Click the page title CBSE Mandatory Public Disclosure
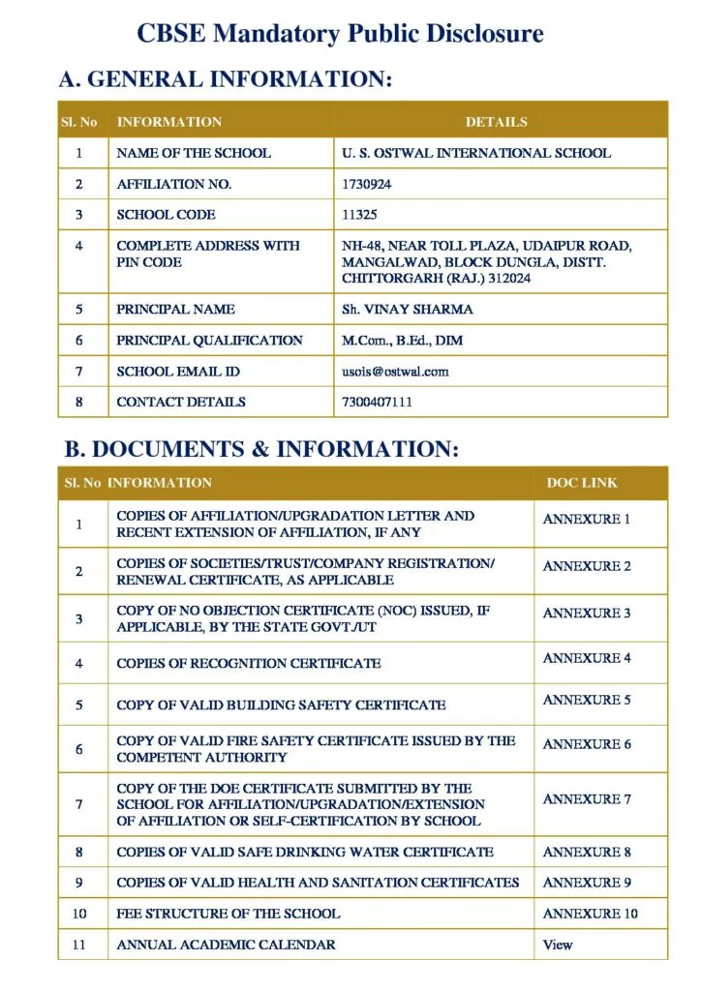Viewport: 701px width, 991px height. (340, 35)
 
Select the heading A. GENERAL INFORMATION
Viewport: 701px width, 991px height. (226, 80)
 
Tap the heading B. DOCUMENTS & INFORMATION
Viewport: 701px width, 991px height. (261, 450)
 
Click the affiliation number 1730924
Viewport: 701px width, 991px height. (367, 184)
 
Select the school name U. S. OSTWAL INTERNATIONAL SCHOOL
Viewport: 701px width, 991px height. (476, 153)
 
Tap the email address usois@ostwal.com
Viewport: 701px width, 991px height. (395, 372)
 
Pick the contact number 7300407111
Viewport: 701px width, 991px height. (377, 402)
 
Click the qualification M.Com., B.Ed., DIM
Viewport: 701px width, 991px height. (402, 341)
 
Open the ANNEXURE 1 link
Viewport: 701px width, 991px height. (587, 520)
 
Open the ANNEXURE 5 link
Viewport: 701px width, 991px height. (587, 700)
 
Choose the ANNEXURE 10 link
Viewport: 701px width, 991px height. (591, 914)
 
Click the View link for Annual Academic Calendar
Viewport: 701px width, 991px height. (558, 945)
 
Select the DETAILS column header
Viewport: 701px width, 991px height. (496, 122)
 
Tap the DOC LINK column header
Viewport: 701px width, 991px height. (582, 482)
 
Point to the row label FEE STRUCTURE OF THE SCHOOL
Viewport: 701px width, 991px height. (229, 914)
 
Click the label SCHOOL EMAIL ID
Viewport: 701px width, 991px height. (178, 372)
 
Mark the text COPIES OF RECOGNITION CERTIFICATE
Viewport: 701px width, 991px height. (249, 664)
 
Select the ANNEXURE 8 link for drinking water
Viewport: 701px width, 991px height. (587, 853)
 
